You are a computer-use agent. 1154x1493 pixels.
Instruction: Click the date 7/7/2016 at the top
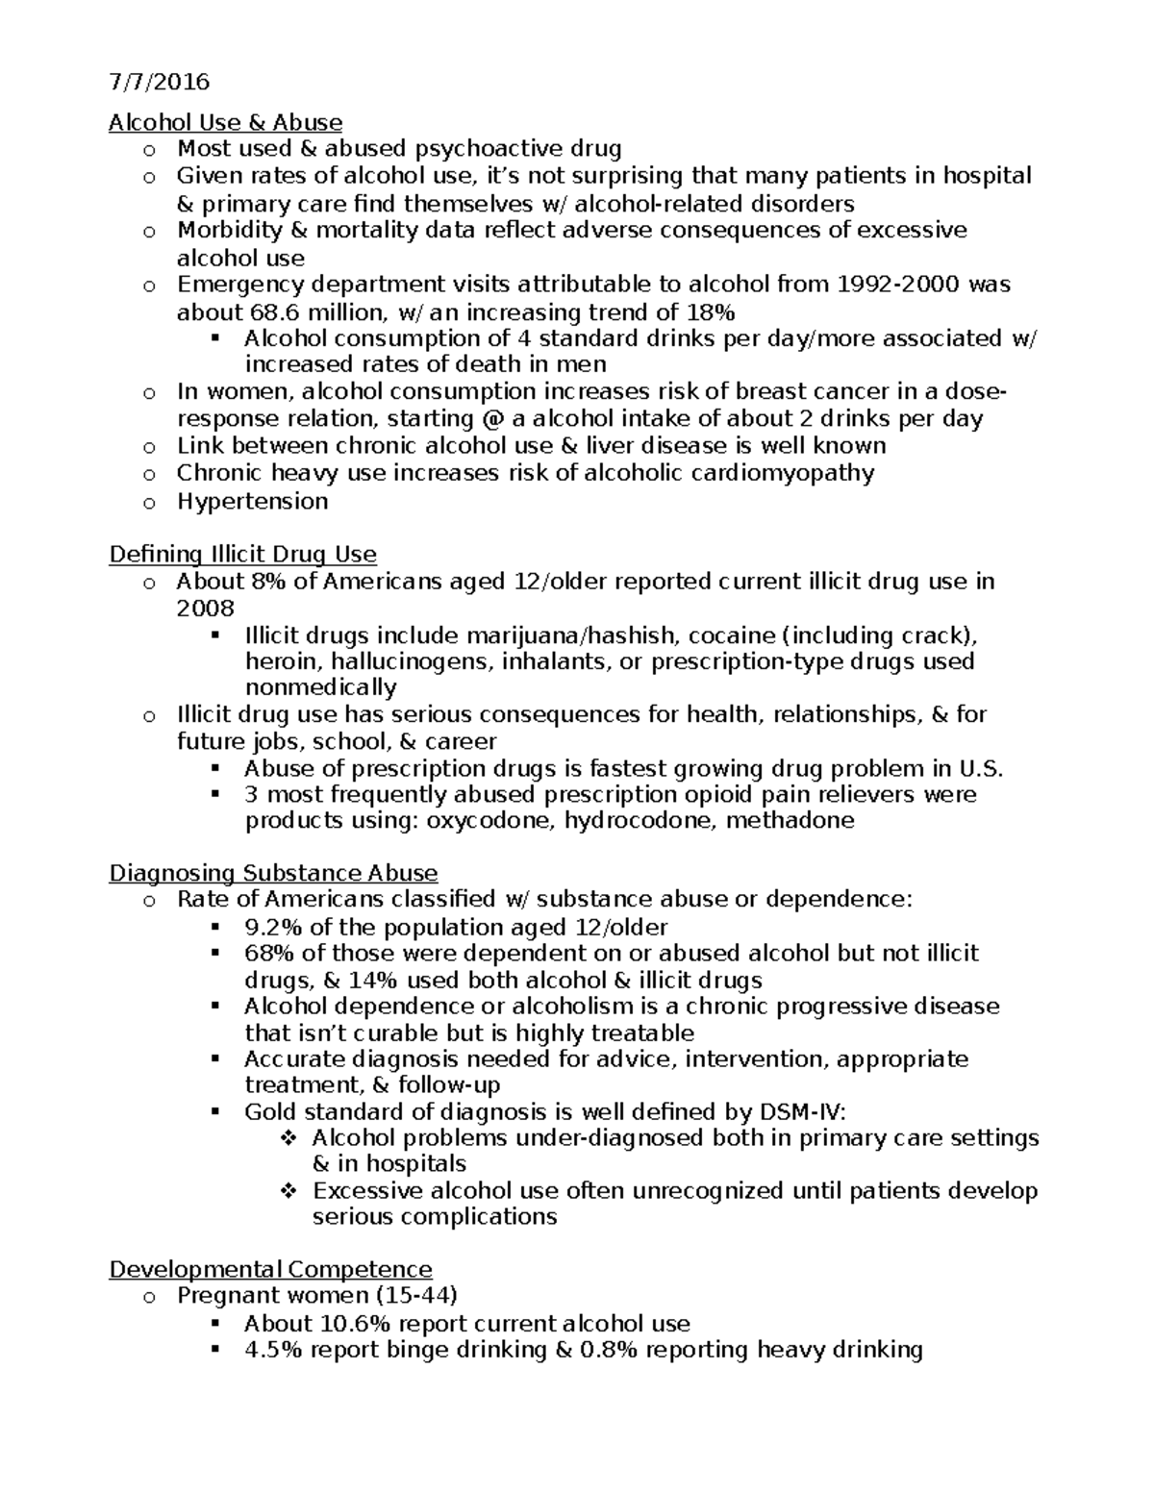(x=159, y=82)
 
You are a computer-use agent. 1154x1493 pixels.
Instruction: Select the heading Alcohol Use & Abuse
(x=225, y=122)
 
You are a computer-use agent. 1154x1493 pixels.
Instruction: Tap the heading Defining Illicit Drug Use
(x=242, y=555)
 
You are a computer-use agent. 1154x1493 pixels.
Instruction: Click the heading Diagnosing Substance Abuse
(x=273, y=873)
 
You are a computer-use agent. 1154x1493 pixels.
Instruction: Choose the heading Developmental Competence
(x=270, y=1269)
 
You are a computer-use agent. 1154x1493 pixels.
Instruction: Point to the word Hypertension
(x=252, y=501)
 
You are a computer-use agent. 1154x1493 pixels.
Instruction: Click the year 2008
(x=205, y=609)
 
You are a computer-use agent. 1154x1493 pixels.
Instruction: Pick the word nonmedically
(x=320, y=687)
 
